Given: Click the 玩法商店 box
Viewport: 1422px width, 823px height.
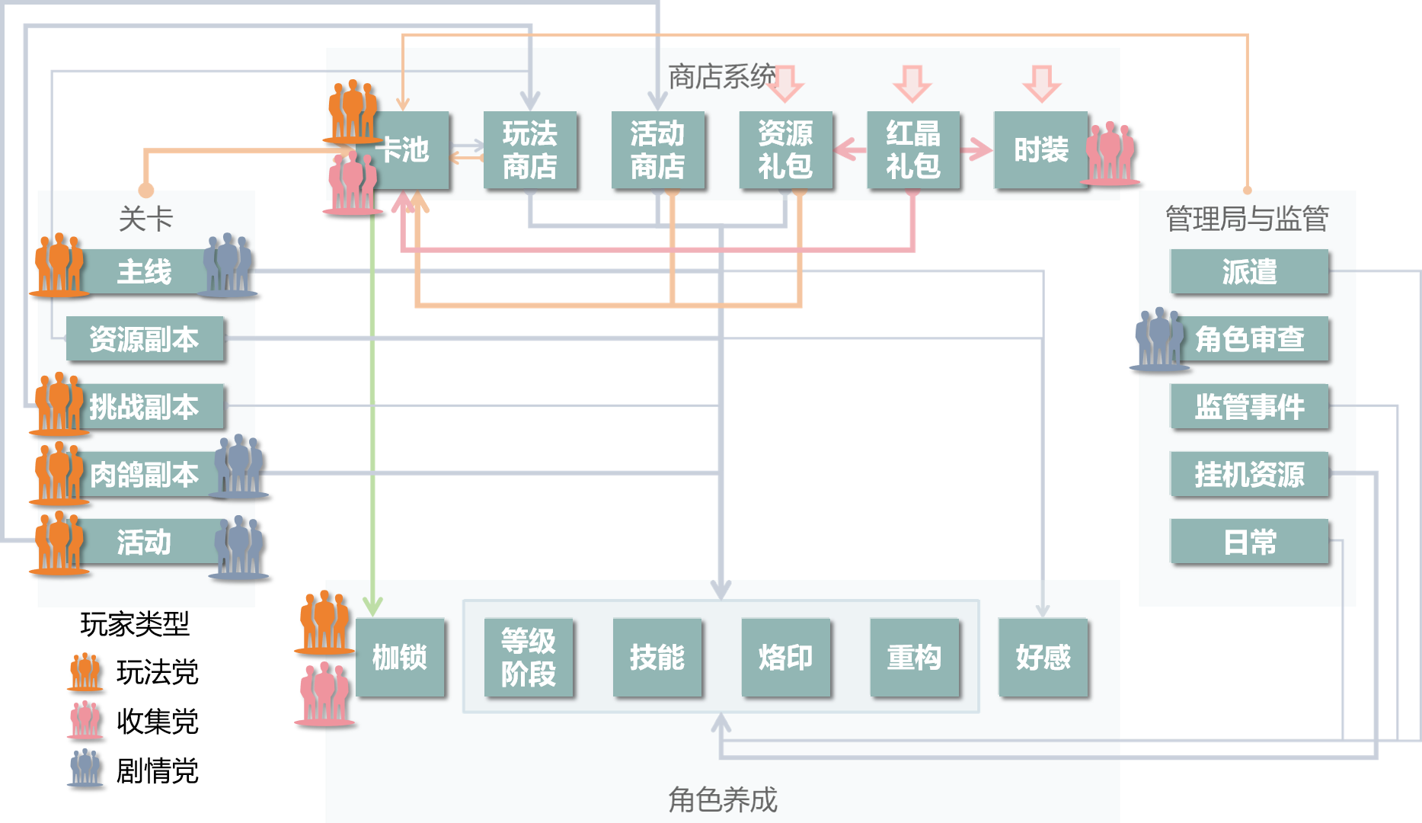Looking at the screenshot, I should pyautogui.click(x=530, y=150).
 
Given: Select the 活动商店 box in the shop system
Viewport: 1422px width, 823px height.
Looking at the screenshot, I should pyautogui.click(x=657, y=150).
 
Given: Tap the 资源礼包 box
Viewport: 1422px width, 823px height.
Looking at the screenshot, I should pyautogui.click(x=785, y=150).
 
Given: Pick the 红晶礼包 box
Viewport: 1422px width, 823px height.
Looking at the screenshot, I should pyautogui.click(x=912, y=150).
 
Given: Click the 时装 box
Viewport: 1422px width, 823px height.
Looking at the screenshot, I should pyautogui.click(x=1040, y=150).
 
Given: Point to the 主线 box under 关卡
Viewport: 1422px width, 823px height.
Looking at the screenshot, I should pyautogui.click(x=145, y=271).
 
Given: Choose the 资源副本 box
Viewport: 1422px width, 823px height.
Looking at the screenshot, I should pyautogui.click(x=145, y=339).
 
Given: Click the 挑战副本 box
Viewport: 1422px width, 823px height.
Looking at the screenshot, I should pyautogui.click(x=145, y=406).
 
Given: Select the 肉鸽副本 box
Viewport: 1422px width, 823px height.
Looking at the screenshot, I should pyautogui.click(x=145, y=474).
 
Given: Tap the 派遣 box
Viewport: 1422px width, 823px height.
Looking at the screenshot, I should pyautogui.click(x=1249, y=271).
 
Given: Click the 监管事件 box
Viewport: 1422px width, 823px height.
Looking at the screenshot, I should pyautogui.click(x=1249, y=406).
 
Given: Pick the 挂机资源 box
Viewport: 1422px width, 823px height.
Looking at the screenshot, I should pyautogui.click(x=1249, y=474).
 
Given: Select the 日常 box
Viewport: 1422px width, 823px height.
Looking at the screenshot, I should pyautogui.click(x=1249, y=542).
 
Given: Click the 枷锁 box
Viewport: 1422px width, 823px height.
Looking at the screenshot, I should pyautogui.click(x=400, y=657).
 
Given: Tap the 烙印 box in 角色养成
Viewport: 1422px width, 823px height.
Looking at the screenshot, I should pyautogui.click(x=785, y=657).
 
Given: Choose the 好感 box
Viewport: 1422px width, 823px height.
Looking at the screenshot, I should pyautogui.click(x=1043, y=657).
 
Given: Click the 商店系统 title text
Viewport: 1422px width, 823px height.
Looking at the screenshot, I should pyautogui.click(x=721, y=76).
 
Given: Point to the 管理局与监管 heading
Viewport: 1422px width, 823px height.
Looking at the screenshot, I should pyautogui.click(x=1247, y=219).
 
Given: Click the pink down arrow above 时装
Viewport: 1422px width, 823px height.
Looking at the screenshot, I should pyautogui.click(x=1041, y=83).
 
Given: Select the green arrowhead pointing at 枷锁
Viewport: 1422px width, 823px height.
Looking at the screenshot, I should pyautogui.click(x=372, y=606).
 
